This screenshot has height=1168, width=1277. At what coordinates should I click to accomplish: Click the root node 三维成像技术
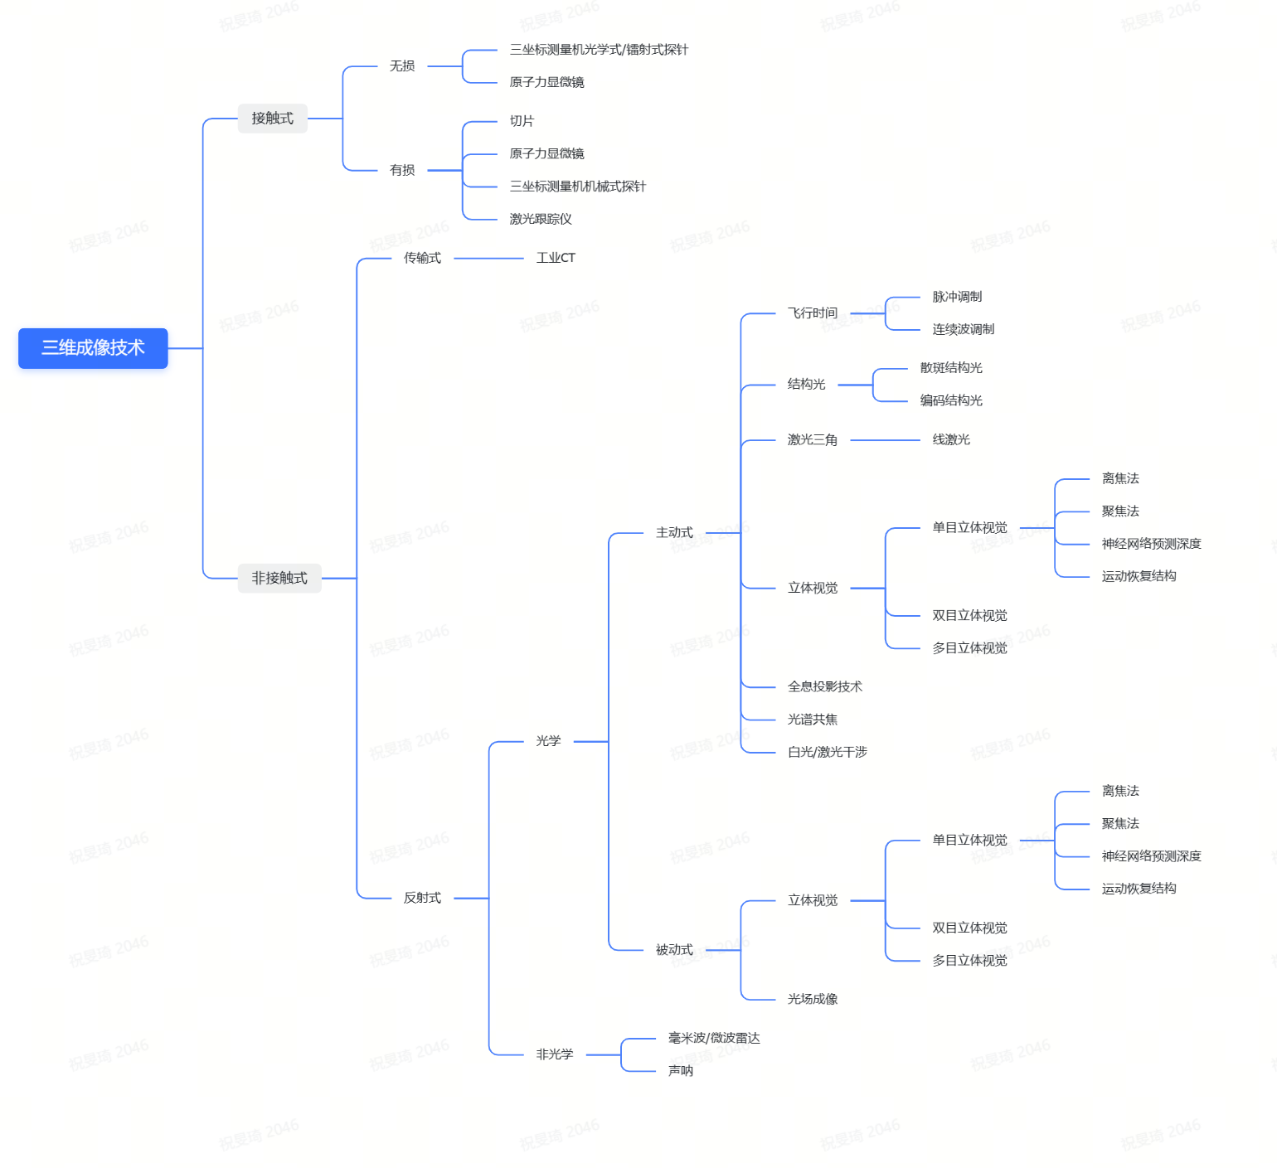[x=93, y=348]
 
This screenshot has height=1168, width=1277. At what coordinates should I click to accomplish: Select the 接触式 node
[x=272, y=119]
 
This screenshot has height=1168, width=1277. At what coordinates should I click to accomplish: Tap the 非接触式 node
[x=279, y=578]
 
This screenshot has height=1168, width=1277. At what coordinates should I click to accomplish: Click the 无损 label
[x=402, y=66]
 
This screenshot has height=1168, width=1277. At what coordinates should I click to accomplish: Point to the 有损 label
[x=402, y=171]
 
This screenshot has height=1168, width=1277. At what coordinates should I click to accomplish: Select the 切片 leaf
[x=522, y=121]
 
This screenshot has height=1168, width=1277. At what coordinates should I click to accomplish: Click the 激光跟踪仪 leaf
[x=541, y=219]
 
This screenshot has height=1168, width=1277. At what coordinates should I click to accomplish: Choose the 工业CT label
[x=556, y=258]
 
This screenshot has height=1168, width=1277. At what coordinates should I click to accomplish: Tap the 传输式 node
[x=422, y=258]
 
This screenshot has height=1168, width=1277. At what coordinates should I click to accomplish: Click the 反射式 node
[x=422, y=898]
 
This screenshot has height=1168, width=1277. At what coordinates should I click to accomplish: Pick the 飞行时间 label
[x=813, y=313]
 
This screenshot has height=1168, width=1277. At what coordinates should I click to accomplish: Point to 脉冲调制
[x=957, y=297]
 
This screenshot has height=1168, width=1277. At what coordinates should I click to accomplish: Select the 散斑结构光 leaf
[x=951, y=368]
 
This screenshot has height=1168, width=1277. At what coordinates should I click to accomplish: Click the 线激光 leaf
[x=951, y=439]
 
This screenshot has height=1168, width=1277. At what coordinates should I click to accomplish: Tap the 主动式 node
[x=674, y=533]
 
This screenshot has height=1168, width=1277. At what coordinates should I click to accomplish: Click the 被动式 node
[x=674, y=950]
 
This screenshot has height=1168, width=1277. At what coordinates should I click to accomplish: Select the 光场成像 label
[x=813, y=999]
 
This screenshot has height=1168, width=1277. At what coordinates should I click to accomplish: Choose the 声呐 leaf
[x=681, y=1071]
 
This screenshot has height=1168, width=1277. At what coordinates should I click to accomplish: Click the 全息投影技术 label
[x=825, y=686]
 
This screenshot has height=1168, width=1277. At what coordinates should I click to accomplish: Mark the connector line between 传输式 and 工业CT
[x=488, y=259]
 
